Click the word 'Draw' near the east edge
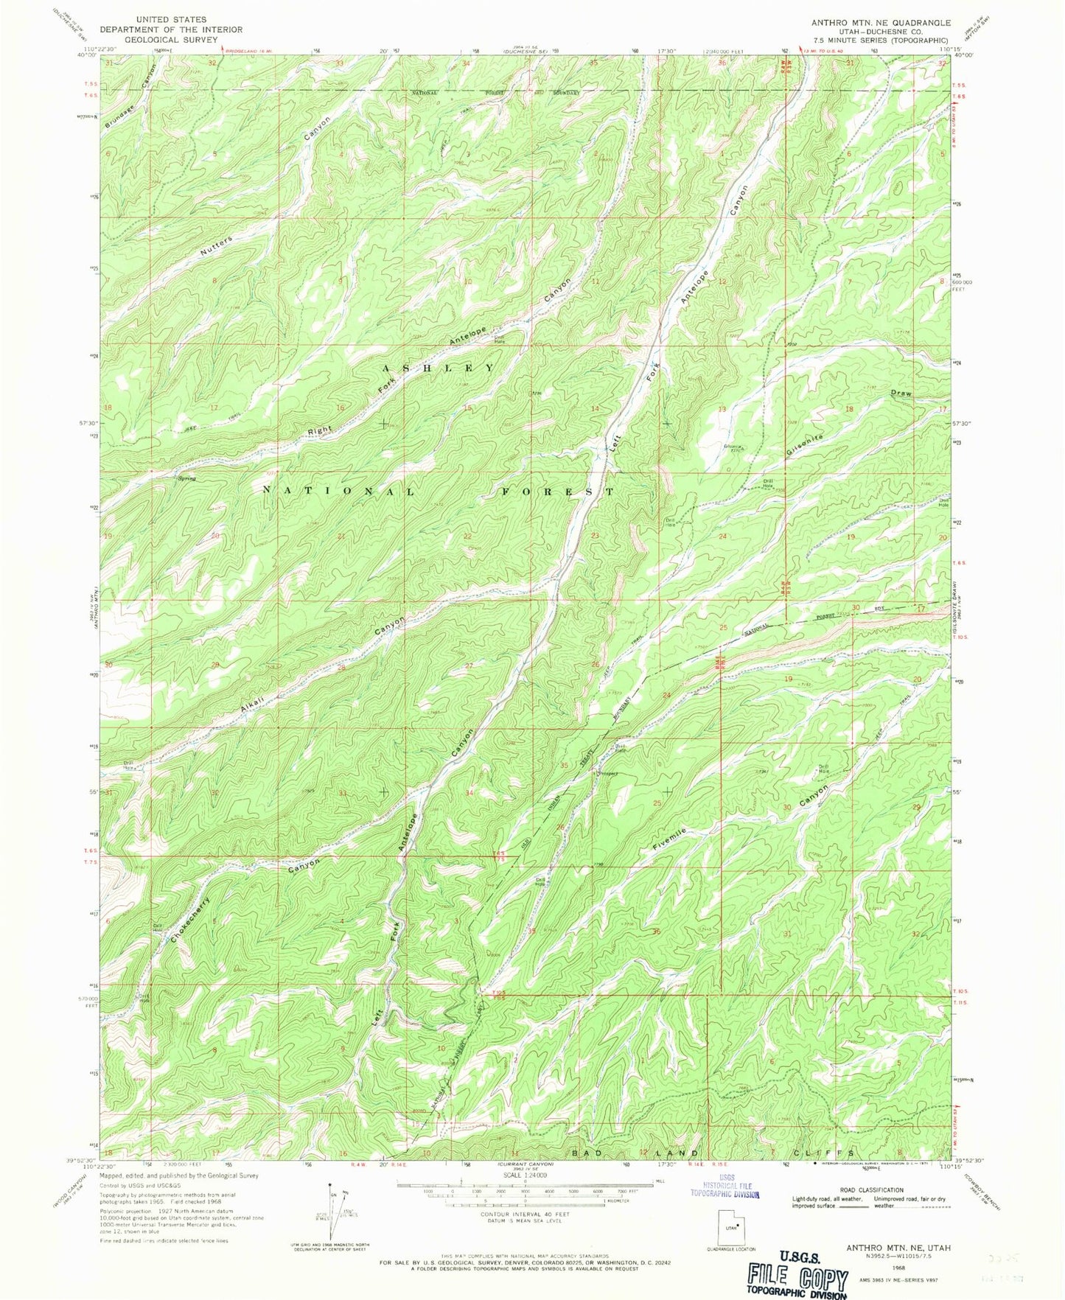point(901,394)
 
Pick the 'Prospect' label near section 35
point(606,775)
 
